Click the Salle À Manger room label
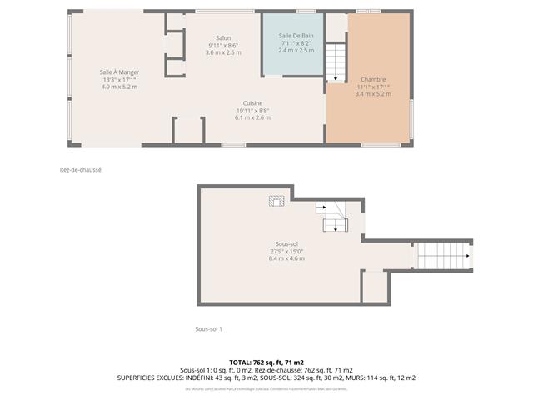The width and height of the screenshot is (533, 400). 117,72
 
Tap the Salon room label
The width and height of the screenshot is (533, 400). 223,38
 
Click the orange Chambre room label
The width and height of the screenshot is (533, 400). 372,80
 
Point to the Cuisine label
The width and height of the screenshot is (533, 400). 252,103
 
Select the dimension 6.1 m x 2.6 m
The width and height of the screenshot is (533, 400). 252,118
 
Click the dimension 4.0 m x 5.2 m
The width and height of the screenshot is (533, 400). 117,87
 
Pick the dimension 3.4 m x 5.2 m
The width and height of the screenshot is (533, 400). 372,94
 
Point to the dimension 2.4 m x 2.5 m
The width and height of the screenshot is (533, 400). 296,50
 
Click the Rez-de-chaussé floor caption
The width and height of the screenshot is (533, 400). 81,169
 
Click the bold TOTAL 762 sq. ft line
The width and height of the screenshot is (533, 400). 266,362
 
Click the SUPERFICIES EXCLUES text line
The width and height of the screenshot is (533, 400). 266,377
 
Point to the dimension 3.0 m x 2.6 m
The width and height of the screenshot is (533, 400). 223,52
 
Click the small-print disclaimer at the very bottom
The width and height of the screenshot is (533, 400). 266,389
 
